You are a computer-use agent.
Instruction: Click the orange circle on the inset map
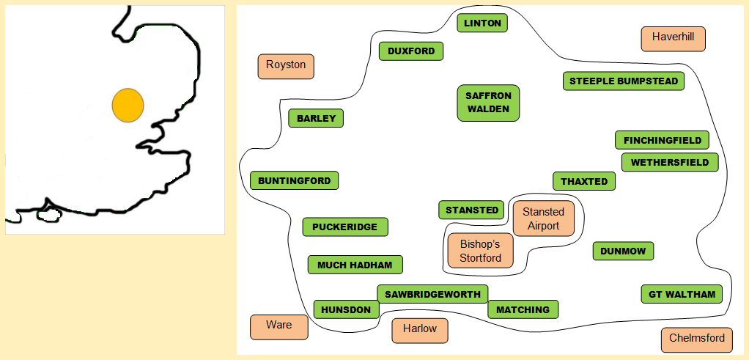pos(128,106)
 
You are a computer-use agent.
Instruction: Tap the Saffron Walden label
pos(488,103)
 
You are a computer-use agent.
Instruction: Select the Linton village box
pos(482,23)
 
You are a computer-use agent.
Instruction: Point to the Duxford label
pos(411,51)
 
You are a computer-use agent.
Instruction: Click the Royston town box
pos(286,65)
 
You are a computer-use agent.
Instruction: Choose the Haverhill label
pos(673,38)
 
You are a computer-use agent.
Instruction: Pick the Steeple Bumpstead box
pos(624,81)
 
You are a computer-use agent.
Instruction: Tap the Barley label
pos(316,118)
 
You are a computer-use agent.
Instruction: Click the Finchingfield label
pos(662,140)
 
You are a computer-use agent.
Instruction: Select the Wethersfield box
pos(670,162)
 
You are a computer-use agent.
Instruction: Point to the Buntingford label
pos(294,180)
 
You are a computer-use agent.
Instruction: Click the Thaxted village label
pos(584,181)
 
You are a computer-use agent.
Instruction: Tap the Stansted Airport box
pos(543,218)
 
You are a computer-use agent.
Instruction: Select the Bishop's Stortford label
pos(480,251)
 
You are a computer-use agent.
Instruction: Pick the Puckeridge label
pos(344,227)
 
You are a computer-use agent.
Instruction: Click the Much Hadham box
pos(355,265)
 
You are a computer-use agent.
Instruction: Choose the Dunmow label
pos(623,251)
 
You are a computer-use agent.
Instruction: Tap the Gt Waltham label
pos(682,295)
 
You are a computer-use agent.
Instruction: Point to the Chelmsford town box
pos(696,339)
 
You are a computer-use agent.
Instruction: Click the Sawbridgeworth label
pos(432,294)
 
